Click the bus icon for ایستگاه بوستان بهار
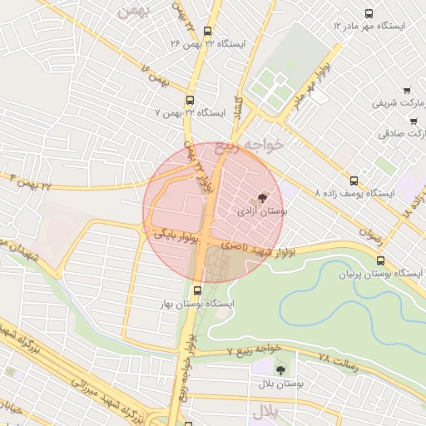(x=197, y=291)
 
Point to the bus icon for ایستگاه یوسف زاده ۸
(x=355, y=180)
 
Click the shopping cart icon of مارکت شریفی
(x=406, y=91)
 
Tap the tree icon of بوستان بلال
(x=279, y=368)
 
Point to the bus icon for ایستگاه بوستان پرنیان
(x=380, y=260)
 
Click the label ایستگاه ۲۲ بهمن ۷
(x=191, y=111)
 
